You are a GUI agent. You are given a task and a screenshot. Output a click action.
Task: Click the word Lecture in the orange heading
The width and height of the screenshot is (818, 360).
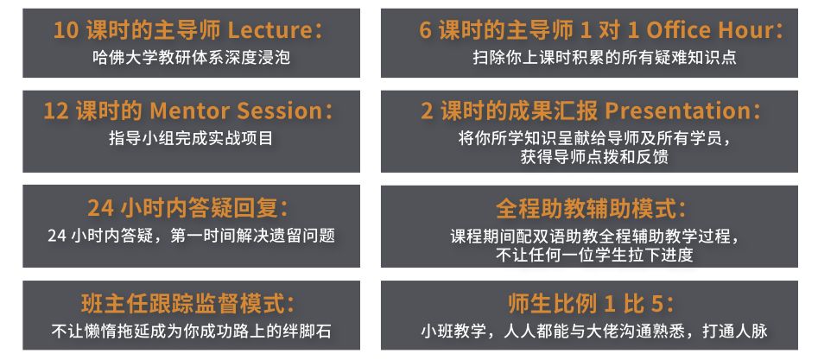269,30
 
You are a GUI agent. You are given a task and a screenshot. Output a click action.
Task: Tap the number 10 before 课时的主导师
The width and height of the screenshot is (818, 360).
67,30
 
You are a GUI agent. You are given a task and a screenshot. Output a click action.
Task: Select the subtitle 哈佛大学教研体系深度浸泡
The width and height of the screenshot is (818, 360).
191,57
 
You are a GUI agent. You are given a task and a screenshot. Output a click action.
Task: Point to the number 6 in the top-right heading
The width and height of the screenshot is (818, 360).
426,31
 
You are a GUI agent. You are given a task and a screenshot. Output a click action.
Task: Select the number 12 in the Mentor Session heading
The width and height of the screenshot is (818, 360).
56,111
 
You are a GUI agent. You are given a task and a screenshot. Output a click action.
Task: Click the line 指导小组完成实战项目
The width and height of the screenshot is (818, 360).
191,138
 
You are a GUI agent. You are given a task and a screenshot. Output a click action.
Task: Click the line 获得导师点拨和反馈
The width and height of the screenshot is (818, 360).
593,157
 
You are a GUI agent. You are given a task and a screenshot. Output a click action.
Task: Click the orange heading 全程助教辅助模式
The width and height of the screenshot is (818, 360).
590,209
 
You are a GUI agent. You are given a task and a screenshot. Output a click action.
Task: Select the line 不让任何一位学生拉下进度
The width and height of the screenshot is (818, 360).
594,255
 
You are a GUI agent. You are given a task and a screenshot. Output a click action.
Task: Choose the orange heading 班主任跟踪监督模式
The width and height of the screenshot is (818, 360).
187,304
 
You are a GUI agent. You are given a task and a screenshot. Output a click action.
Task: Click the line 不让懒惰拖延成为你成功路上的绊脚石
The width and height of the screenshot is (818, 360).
191,332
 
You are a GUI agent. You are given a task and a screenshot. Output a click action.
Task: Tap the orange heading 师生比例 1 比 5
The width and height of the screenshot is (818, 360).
590,304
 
